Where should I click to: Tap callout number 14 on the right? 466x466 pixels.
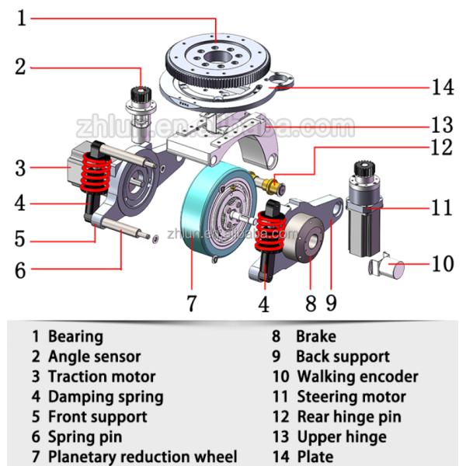(443, 87)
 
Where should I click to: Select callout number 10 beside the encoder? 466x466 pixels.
(442, 264)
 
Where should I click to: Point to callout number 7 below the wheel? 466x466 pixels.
(192, 302)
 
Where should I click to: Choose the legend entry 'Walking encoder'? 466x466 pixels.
(357, 377)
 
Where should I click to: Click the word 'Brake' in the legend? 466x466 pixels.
(316, 336)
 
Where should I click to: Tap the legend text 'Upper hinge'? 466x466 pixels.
(342, 437)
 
